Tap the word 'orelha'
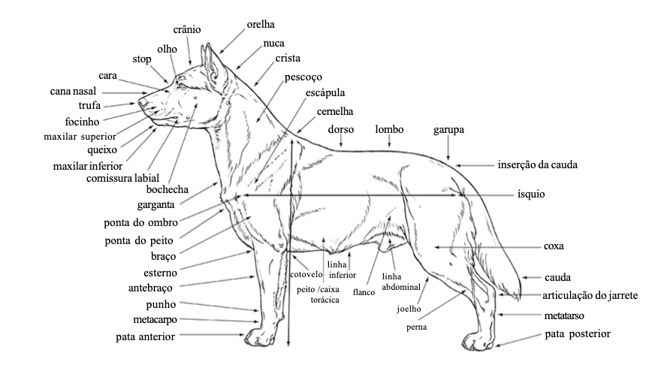(x=261, y=24)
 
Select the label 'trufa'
(x=89, y=105)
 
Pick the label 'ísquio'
(x=530, y=194)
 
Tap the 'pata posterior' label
(x=578, y=333)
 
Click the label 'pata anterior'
(x=145, y=337)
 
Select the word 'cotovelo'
(x=306, y=274)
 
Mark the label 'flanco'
(x=364, y=292)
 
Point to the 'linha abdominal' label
(x=395, y=282)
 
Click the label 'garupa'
(x=448, y=129)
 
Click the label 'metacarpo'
(x=155, y=320)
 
